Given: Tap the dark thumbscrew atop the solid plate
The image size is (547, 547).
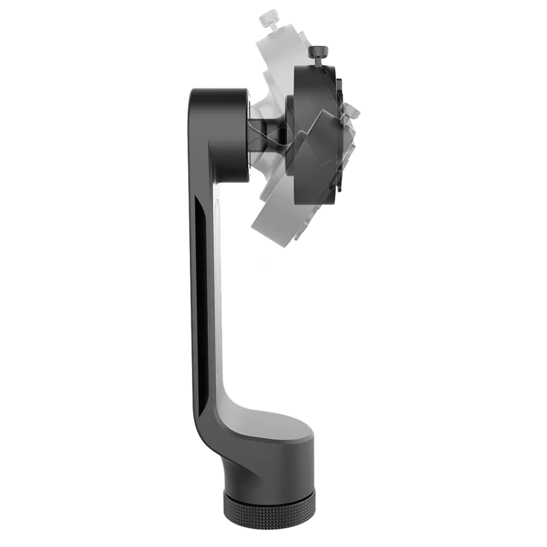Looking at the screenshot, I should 319,53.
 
